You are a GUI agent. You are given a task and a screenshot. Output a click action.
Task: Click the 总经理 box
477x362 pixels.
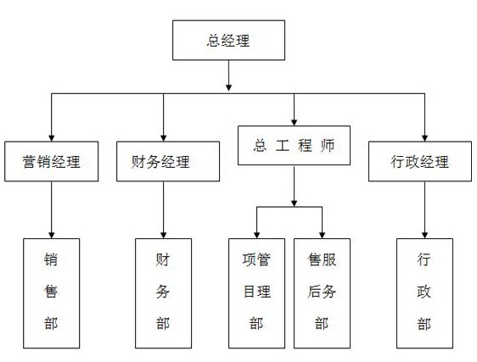229,40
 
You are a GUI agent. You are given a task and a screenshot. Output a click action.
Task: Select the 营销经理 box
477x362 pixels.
52,161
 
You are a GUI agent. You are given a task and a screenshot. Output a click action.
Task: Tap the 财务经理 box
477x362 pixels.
168,161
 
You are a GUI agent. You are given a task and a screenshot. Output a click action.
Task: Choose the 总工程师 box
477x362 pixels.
294,146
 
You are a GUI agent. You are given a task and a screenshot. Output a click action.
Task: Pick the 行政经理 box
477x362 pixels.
420,161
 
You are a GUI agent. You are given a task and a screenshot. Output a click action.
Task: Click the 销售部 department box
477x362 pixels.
52,293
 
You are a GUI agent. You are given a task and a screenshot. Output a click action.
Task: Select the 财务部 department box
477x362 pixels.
163,293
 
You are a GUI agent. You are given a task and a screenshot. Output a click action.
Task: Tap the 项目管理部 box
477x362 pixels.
257,293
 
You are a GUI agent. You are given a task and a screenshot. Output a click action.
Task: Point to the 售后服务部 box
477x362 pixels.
322,293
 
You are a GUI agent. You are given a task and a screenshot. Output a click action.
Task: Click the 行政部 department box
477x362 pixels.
424,293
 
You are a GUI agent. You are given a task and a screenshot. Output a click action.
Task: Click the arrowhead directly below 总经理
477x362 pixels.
229,87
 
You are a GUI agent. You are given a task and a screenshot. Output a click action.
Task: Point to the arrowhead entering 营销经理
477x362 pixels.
52,138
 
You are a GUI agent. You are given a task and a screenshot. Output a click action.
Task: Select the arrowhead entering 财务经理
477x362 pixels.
163,138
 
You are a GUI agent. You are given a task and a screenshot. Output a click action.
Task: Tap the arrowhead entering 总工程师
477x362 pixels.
294,122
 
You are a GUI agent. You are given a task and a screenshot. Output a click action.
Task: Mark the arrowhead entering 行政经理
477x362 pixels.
424,138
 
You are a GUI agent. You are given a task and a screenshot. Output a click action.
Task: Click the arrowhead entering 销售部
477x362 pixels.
52,235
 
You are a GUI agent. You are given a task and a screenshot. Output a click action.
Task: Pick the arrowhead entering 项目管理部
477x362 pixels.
257,235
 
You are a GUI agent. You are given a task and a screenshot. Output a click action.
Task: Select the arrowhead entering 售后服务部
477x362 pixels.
322,235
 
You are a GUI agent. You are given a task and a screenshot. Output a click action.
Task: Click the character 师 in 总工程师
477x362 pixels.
328,146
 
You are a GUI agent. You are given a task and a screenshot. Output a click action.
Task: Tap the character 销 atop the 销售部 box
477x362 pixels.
50,260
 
